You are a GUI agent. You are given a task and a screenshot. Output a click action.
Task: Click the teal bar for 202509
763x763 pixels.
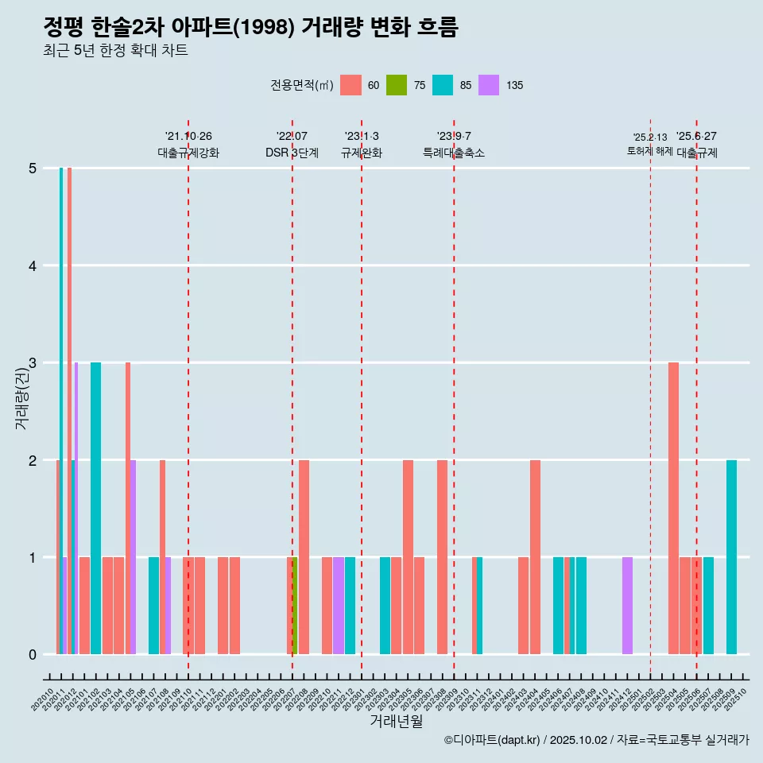731,556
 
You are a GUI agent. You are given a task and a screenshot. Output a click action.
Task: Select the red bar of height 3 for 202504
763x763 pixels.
673,509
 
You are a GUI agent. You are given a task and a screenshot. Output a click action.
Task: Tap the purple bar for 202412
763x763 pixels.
627,606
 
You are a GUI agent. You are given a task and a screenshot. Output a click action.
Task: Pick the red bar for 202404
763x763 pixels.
535,556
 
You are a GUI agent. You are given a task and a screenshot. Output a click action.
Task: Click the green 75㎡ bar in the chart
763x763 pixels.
295,606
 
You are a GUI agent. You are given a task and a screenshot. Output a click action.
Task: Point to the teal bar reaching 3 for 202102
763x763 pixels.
95,509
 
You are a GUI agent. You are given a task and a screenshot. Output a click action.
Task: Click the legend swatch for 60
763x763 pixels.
351,85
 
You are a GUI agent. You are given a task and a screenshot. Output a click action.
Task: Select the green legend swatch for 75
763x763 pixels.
397,85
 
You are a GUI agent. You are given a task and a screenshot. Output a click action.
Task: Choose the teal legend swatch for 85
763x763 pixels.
443,85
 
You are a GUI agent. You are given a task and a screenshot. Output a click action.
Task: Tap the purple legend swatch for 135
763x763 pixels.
489,85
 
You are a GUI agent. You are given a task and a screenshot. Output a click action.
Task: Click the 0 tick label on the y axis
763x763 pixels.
33,655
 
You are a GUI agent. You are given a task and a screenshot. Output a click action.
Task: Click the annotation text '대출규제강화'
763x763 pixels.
188,153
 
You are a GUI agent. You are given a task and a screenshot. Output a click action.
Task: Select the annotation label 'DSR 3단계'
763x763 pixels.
292,153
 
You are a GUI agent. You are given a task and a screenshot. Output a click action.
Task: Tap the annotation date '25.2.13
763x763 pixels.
650,137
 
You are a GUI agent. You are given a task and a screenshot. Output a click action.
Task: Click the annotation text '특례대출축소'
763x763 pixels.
454,153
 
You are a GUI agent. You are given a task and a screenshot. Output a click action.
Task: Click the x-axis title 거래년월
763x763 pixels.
396,721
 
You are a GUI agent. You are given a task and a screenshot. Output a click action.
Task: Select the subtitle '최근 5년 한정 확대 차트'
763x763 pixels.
115,51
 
